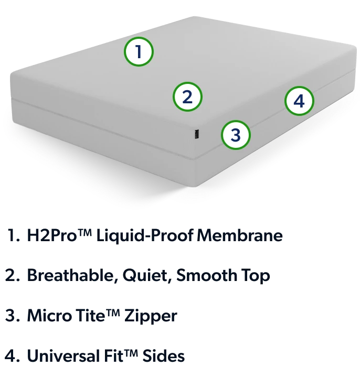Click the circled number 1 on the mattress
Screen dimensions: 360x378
(x=139, y=51)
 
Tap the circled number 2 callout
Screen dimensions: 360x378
(x=187, y=96)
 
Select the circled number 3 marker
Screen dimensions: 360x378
(x=236, y=135)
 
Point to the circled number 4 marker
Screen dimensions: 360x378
(x=299, y=101)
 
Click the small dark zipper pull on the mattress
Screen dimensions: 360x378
(x=197, y=134)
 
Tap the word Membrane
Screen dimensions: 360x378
(x=240, y=235)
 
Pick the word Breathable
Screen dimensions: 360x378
(x=72, y=275)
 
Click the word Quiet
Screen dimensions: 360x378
(x=147, y=275)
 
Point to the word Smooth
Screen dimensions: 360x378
(x=207, y=275)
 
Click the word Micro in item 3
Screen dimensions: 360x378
(x=49, y=315)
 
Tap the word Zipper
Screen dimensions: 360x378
(x=151, y=316)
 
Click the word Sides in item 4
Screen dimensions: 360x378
(x=164, y=355)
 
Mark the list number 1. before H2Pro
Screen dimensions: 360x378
(x=14, y=235)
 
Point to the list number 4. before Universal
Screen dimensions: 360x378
(x=12, y=355)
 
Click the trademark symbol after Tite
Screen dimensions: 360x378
(x=113, y=312)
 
